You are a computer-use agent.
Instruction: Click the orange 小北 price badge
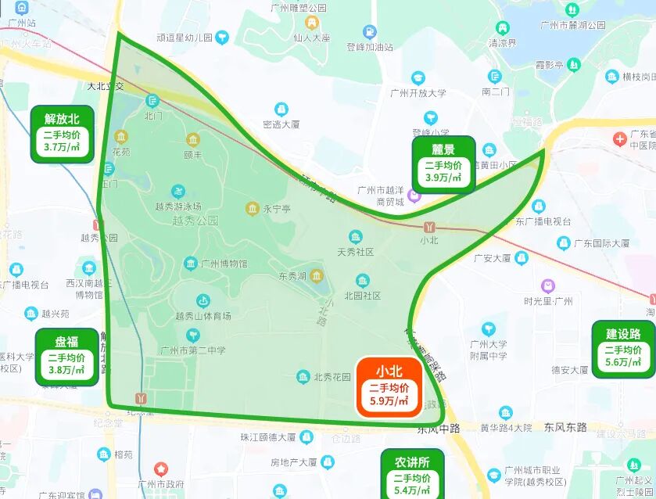pyautogui.click(x=389, y=386)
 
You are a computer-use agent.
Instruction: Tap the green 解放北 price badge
pyautogui.click(x=62, y=134)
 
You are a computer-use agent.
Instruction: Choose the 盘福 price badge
pyautogui.click(x=66, y=357)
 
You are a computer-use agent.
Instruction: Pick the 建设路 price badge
pyautogui.click(x=623, y=349)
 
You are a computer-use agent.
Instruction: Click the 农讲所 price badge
pyautogui.click(x=412, y=473)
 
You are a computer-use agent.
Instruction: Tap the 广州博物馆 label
pyautogui.click(x=224, y=264)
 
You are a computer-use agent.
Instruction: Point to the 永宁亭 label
pyautogui.click(x=276, y=209)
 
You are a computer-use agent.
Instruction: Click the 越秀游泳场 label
pyautogui.click(x=178, y=206)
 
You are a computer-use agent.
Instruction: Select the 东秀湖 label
pyautogui.click(x=294, y=276)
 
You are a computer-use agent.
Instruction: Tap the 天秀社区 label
pyautogui.click(x=356, y=252)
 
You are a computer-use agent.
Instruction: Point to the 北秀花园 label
pyautogui.click(x=332, y=378)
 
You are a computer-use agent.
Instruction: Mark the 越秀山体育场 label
pyautogui.click(x=203, y=316)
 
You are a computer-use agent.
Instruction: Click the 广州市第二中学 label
pyautogui.click(x=192, y=350)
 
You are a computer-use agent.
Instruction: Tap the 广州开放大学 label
pyautogui.click(x=418, y=93)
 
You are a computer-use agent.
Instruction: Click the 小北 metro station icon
pyautogui.click(x=429, y=227)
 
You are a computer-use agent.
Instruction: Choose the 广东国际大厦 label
pyautogui.click(x=601, y=243)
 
